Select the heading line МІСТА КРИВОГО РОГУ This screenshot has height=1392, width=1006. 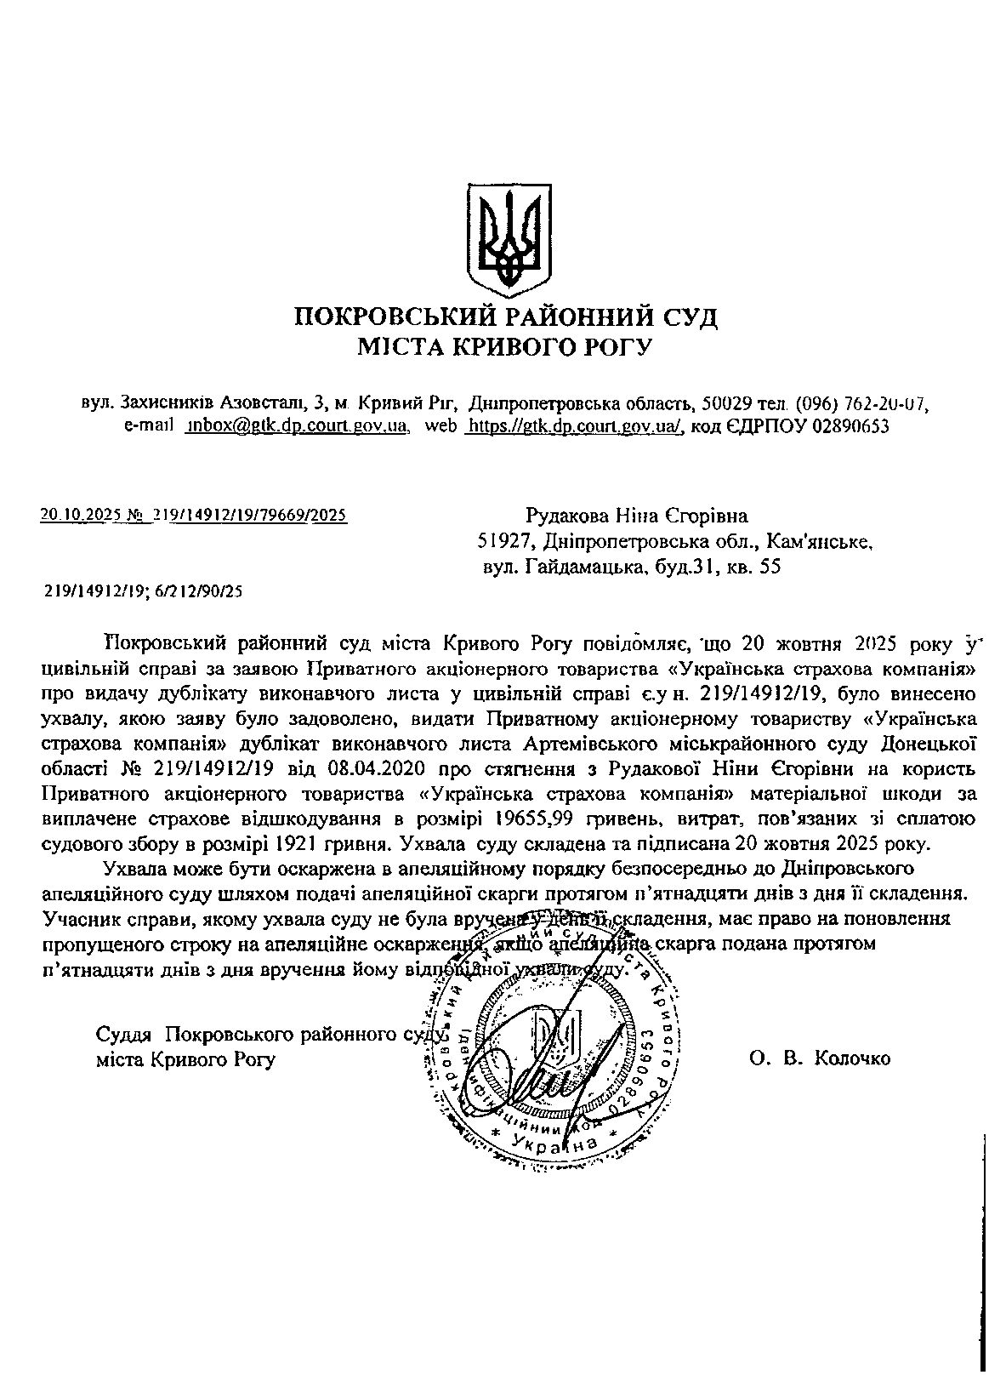[505, 347]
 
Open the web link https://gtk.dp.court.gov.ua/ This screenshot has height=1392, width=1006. [575, 425]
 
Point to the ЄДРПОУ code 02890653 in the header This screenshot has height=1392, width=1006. [850, 425]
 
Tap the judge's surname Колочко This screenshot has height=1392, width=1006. [851, 1058]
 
